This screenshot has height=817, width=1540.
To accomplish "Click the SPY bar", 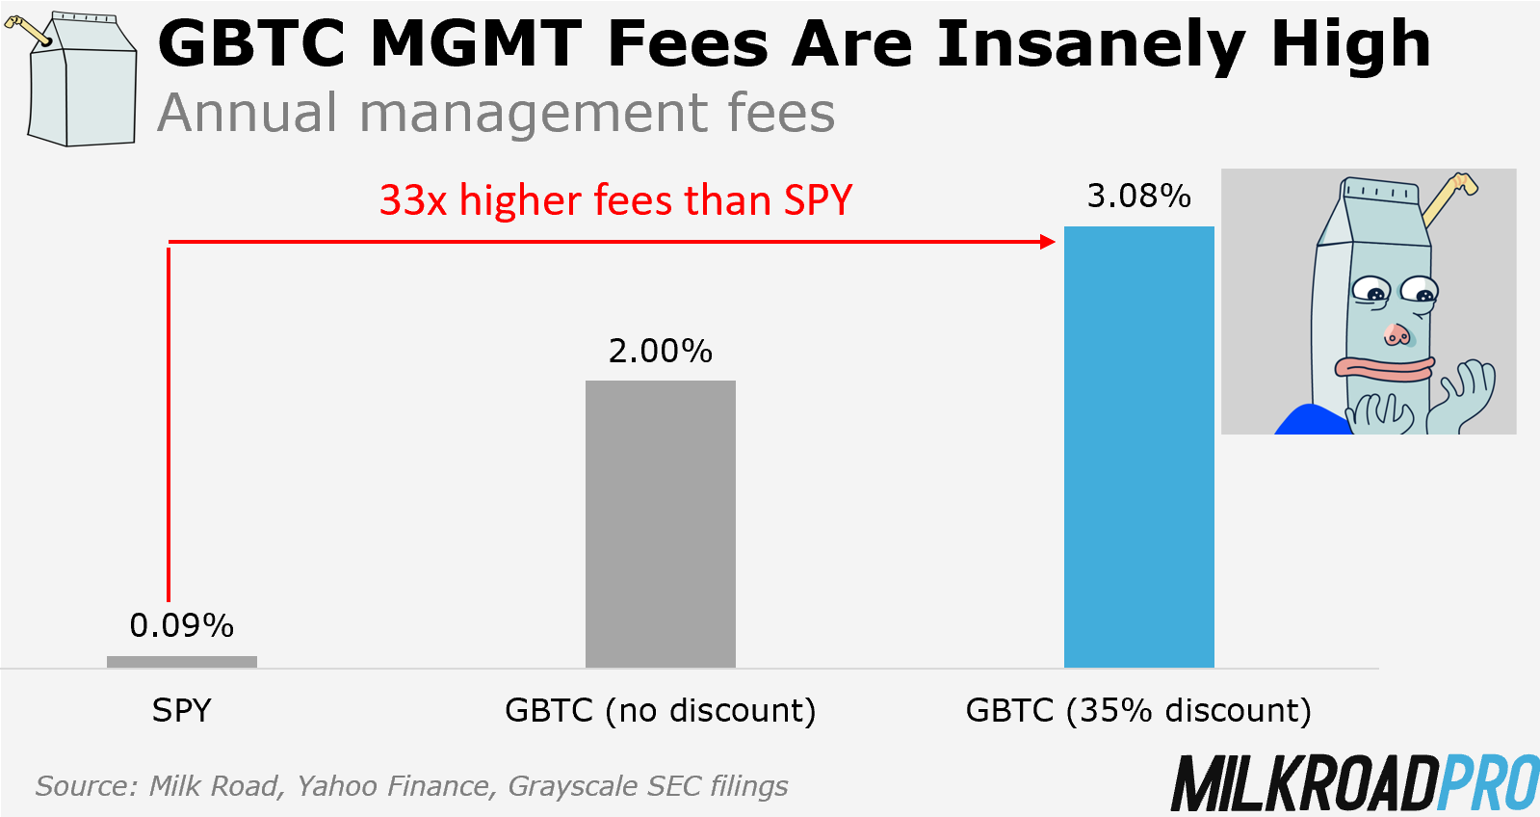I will pyautogui.click(x=181, y=661).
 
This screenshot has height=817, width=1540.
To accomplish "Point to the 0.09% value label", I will pyautogui.click(x=181, y=626).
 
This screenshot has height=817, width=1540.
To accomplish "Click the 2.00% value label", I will pyautogui.click(x=660, y=351).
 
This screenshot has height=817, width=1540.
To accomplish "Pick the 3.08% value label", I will pyautogui.click(x=1138, y=197).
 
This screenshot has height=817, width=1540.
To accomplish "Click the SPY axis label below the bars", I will pyautogui.click(x=181, y=711).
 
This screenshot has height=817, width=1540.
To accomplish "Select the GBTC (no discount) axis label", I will pyautogui.click(x=660, y=711).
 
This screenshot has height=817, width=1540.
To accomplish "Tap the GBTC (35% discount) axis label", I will pyautogui.click(x=1138, y=711).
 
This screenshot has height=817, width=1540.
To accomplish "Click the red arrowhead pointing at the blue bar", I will pyautogui.click(x=1049, y=242).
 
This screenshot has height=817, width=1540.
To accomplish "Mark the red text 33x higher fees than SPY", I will pyautogui.click(x=615, y=200).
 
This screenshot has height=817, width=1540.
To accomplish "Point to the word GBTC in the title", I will pyautogui.click(x=251, y=45).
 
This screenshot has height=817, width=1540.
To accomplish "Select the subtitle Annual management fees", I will pyautogui.click(x=496, y=113).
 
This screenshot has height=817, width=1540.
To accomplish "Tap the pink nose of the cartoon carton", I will pyautogui.click(x=1396, y=334).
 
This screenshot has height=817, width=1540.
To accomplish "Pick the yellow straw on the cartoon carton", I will pyautogui.click(x=1445, y=197).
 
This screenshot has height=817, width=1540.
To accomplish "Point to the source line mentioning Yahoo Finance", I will pyautogui.click(x=411, y=786).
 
